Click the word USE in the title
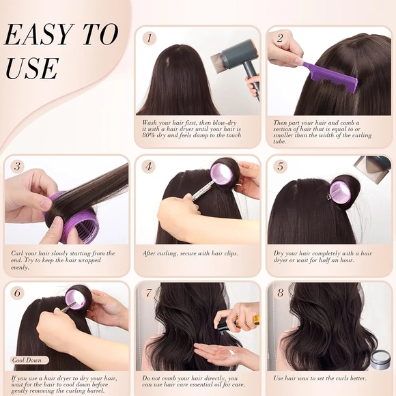click(x=32, y=69)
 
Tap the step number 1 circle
click(x=150, y=38)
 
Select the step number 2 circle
click(x=280, y=38)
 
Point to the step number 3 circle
click(x=18, y=166)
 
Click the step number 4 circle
click(x=150, y=166)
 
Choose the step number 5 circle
click(x=280, y=166)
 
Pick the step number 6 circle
click(x=18, y=293)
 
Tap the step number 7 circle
click(x=150, y=293)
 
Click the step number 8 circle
click(x=280, y=293)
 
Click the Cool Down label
click(x=29, y=360)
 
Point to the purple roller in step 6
click(x=79, y=300)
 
